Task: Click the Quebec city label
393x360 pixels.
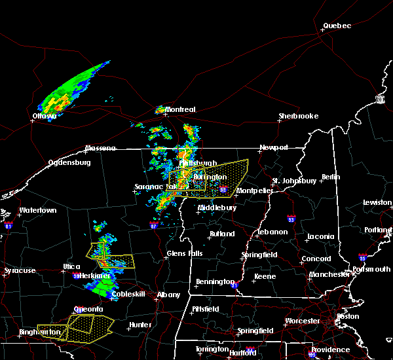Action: [337, 26]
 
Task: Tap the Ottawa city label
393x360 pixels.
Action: [45, 117]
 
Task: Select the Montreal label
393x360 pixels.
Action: [180, 109]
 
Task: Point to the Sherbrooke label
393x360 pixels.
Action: [298, 116]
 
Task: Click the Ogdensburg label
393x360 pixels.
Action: [68, 162]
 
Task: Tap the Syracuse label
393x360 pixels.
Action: [19, 270]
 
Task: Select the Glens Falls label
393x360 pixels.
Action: [185, 253]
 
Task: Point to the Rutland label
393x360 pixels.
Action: [222, 234]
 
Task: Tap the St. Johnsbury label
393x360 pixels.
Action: [295, 181]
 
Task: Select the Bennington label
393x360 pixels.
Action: [215, 282]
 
